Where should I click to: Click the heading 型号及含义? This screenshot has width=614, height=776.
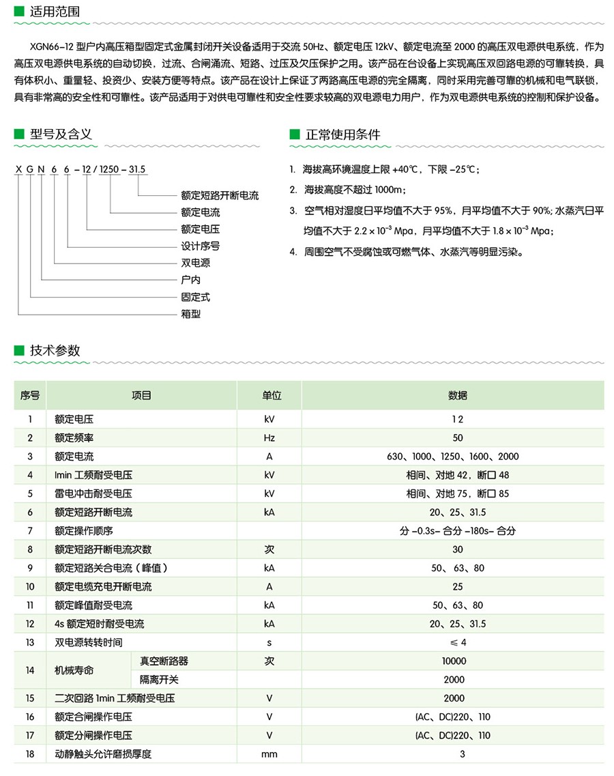pos(61,134)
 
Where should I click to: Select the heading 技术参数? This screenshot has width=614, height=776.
pos(55,350)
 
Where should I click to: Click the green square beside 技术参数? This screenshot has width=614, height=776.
pos(18,351)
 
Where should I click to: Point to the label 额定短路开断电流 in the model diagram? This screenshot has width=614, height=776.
pos(220,196)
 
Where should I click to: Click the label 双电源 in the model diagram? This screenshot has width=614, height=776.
pos(195,263)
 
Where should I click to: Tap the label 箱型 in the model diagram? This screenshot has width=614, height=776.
pos(190,314)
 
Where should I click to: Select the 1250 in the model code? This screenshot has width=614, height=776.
pos(110,169)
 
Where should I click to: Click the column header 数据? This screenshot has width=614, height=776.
pos(458,395)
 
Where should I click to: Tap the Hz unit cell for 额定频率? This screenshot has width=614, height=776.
pos(269,438)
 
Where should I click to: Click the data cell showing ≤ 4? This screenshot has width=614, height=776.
pos(458,642)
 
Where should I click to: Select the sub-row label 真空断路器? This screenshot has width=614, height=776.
pos(164,661)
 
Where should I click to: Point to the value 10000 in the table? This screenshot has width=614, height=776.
pos(454,661)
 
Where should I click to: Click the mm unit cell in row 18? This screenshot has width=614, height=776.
pos(269,754)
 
